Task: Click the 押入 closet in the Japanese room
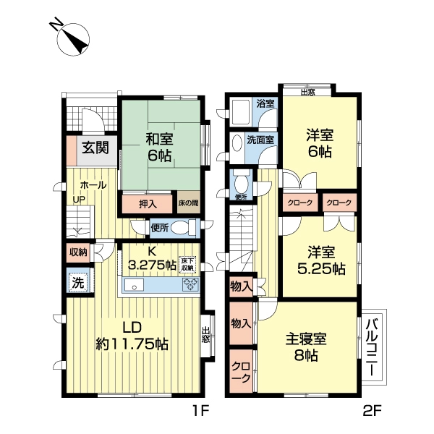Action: point(147,205)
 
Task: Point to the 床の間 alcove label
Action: point(189,205)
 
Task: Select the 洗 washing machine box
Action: point(77,283)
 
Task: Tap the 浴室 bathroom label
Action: point(265,103)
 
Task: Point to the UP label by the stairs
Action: point(78,200)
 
